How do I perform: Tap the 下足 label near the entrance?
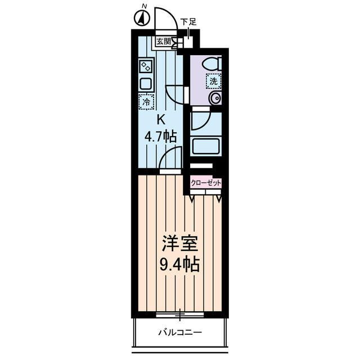click(188, 22)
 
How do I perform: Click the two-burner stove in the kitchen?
click(146, 66)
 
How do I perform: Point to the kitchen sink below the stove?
click(146, 84)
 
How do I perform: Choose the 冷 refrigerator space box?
click(146, 102)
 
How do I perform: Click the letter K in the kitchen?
click(160, 119)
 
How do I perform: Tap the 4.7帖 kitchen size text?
click(161, 136)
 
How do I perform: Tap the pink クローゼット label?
click(206, 183)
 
